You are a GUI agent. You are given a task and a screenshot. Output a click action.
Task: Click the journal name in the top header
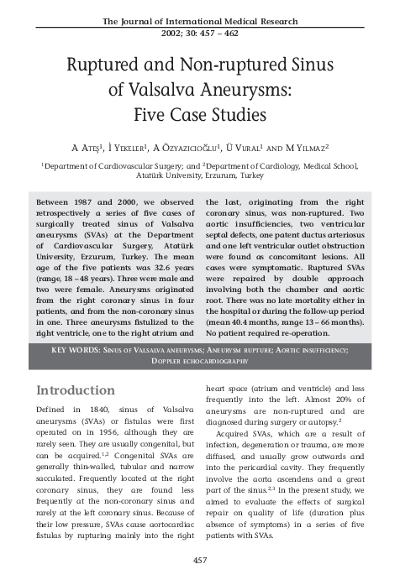pos(199,19)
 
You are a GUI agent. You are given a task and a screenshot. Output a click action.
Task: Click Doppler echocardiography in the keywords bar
pos(199,359)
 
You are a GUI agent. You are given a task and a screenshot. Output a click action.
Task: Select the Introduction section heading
pos(76,391)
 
